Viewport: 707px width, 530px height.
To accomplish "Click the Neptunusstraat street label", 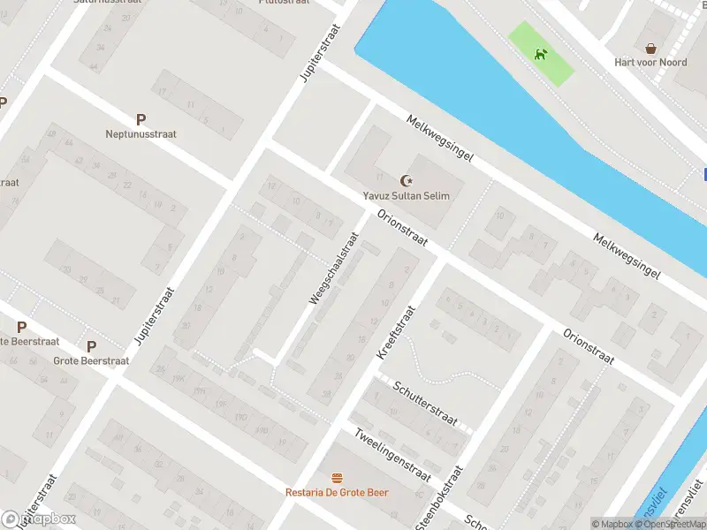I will pyautogui.click(x=141, y=134).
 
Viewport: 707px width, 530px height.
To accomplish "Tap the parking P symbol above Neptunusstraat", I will pyautogui.click(x=141, y=119).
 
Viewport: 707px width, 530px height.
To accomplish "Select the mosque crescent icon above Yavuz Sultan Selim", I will pyautogui.click(x=406, y=180).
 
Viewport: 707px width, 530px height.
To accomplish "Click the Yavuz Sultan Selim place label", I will pyautogui.click(x=406, y=195).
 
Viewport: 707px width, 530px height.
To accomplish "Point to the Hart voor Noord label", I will pyautogui.click(x=650, y=63).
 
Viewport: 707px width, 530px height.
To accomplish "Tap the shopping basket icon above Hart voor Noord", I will pyautogui.click(x=651, y=48).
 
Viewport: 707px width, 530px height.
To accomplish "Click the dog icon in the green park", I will pyautogui.click(x=540, y=55).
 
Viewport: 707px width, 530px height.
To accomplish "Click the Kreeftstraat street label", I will pyautogui.click(x=395, y=332).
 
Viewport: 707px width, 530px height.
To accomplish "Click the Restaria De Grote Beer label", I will pyautogui.click(x=337, y=492).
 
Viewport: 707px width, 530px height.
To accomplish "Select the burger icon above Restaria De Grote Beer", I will pyautogui.click(x=337, y=478).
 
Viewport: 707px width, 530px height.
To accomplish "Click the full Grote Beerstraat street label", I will pyautogui.click(x=91, y=360).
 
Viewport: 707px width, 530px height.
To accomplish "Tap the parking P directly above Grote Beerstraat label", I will pyautogui.click(x=91, y=346).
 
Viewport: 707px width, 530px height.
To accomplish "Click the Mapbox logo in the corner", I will pyautogui.click(x=39, y=519).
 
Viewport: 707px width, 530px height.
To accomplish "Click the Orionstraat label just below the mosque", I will pyautogui.click(x=402, y=229).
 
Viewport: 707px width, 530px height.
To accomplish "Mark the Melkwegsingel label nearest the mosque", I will pyautogui.click(x=440, y=139).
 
